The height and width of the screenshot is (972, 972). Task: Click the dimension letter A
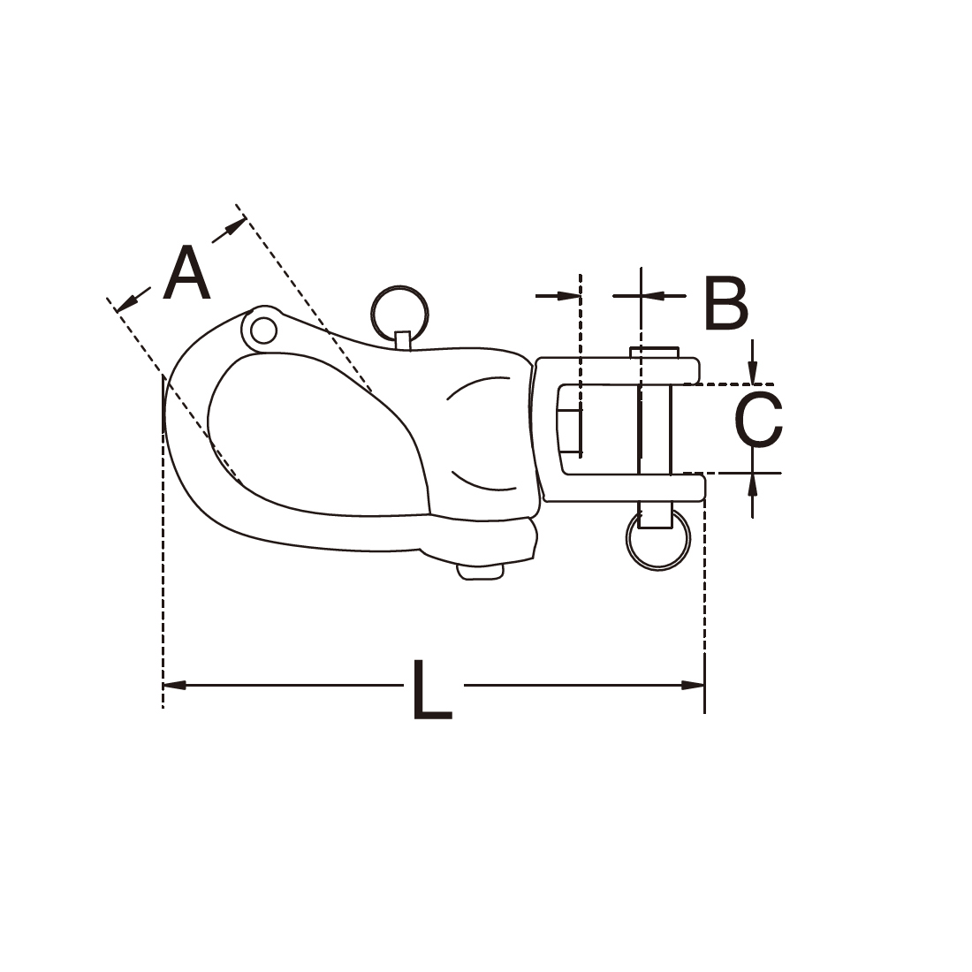186,273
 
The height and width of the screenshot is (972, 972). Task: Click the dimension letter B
726,304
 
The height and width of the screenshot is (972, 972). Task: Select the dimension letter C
758,419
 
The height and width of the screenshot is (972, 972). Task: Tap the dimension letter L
431,688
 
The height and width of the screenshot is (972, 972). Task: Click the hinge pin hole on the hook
264,330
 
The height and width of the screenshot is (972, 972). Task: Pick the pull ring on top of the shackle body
399,313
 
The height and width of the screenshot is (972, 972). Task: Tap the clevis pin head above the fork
655,352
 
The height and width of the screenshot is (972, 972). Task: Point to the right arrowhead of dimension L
693,685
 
